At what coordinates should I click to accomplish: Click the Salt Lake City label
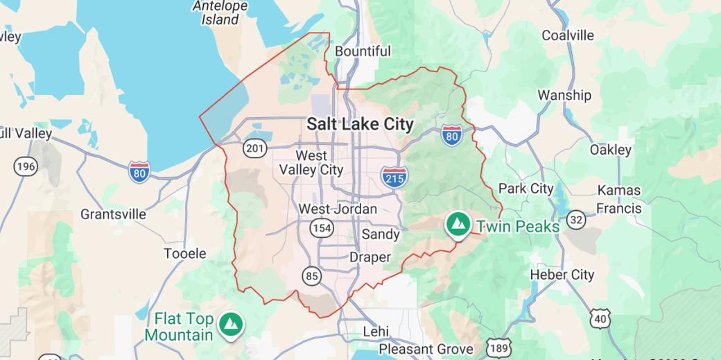click(360, 125)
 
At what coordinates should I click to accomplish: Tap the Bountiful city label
click(363, 51)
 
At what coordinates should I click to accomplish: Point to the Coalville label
click(568, 35)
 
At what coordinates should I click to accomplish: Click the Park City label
click(526, 189)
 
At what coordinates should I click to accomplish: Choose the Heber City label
click(562, 275)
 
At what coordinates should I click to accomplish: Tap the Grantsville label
click(113, 214)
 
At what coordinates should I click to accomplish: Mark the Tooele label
click(185, 254)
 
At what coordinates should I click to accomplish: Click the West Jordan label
click(338, 209)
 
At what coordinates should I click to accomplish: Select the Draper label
click(370, 257)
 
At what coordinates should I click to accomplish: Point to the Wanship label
click(564, 95)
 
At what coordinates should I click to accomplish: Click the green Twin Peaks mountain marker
click(458, 224)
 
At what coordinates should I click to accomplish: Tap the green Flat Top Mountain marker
click(229, 323)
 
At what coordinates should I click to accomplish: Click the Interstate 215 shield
click(394, 176)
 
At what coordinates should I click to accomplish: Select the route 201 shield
click(254, 148)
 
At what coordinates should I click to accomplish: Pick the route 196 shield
click(26, 166)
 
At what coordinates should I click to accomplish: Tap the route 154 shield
click(322, 228)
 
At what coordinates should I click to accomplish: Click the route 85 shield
click(312, 277)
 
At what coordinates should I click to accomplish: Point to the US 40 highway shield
click(600, 318)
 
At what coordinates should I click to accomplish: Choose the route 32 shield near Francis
click(575, 220)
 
